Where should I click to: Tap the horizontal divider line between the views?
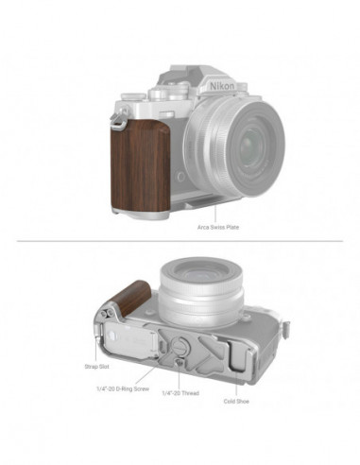pos(180,243)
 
